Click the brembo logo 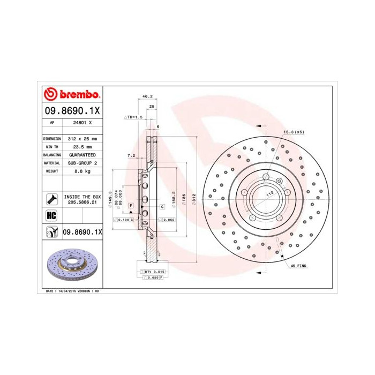pos(71,95)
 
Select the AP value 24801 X pos(83,123)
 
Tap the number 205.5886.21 pos(82,202)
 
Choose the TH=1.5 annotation pos(134,117)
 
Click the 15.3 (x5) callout pos(294,132)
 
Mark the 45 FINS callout pos(298,266)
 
